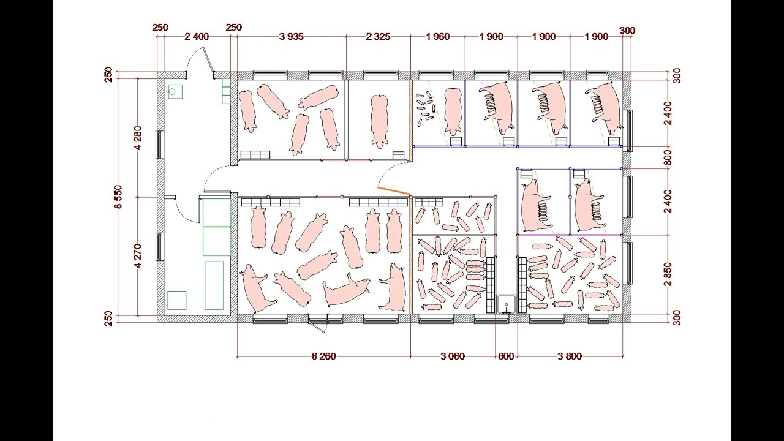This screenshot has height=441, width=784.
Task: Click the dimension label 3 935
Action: pyautogui.click(x=291, y=36)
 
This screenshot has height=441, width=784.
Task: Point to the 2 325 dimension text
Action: pyautogui.click(x=378, y=36)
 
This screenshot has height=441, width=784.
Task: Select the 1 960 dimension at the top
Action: pyautogui.click(x=437, y=36)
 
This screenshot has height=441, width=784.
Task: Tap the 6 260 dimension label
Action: pyautogui.click(x=323, y=356)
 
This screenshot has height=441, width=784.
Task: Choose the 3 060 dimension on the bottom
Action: pyautogui.click(x=453, y=356)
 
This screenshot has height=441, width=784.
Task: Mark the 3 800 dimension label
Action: pyautogui.click(x=570, y=356)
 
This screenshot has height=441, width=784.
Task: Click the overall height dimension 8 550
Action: pyautogui.click(x=119, y=197)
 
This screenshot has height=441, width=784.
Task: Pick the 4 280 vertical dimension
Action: pyautogui.click(x=138, y=138)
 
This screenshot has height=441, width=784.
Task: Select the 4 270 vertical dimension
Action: pyautogui.click(x=138, y=256)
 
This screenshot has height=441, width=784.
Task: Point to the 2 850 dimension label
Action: pyautogui.click(x=668, y=274)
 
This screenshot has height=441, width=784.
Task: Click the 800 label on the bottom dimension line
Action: pyautogui.click(x=506, y=356)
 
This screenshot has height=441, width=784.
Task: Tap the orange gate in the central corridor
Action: pyautogui.click(x=393, y=190)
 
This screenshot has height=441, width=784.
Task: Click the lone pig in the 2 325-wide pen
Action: pyautogui.click(x=379, y=121)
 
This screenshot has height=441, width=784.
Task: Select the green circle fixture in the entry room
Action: pyautogui.click(x=172, y=92)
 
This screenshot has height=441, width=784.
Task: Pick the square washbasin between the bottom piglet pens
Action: pyautogui.click(x=506, y=304)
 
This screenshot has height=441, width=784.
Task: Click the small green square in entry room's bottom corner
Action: pyautogui.click(x=177, y=300)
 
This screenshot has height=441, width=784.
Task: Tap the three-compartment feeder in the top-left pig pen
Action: pyautogui.click(x=255, y=155)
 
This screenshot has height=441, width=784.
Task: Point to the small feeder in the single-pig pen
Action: pyautogui.click(x=398, y=155)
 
